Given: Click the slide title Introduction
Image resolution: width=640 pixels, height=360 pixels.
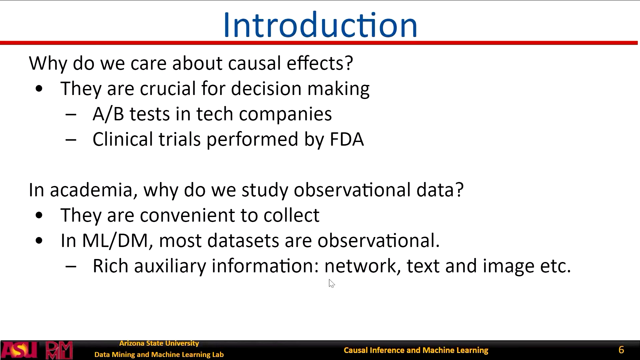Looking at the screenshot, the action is coord(320,25).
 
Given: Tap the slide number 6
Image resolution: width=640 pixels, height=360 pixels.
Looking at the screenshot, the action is coord(621,350).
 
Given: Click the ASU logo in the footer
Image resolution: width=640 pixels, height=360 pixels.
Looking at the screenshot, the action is coord(19,350).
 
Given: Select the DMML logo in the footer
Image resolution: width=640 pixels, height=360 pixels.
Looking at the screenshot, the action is coord(59,350).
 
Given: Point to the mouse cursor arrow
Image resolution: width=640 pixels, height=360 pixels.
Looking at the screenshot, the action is coord(331,283).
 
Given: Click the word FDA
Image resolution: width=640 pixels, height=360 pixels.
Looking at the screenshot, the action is coord(347,139).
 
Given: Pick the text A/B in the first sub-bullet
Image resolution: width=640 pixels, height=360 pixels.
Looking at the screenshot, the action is coord(108,114).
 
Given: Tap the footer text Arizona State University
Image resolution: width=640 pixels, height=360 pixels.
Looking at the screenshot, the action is coord(159,343).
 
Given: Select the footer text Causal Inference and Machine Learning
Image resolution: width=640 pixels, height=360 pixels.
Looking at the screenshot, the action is coord(416,350).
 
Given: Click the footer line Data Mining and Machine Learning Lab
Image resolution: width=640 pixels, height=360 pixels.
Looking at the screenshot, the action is coord(159,355).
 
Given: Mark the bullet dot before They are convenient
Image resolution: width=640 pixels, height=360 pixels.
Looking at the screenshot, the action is coord(39,215).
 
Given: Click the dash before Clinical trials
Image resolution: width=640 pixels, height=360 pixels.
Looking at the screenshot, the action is coord(71,140).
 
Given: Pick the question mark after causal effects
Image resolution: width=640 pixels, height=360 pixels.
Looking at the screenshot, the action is coord(349,63).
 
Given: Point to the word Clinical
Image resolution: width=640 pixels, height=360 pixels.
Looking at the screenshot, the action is coord(123,139).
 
